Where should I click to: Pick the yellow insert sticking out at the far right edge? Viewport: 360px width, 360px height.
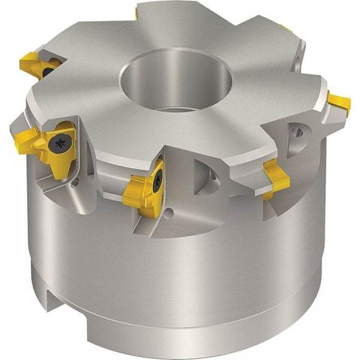[x=339, y=103]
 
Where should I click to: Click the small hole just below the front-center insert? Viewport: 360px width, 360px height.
[x=170, y=212]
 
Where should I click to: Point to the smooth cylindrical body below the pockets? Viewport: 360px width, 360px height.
[x=198, y=264]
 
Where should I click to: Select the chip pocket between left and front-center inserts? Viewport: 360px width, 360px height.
[x=108, y=174]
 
